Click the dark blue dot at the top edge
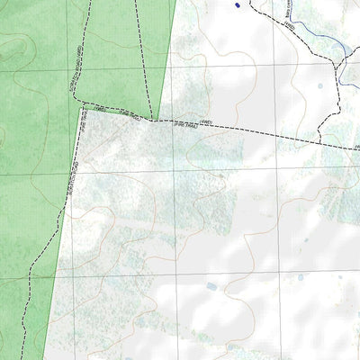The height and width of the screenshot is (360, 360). tap(238, 5)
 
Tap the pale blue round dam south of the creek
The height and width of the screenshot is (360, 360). tap(319, 87)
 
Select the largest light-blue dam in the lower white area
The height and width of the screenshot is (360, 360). tap(211, 286)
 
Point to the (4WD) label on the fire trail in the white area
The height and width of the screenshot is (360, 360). tap(205, 121)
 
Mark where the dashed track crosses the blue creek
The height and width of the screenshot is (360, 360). tap(341, 61)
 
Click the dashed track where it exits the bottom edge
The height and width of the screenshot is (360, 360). tap(18, 357)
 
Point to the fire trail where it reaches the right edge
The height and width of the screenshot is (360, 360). tap(357, 149)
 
